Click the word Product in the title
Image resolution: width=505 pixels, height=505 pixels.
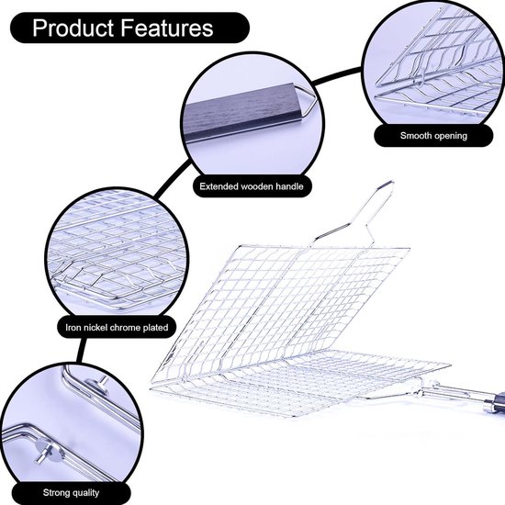click(73, 28)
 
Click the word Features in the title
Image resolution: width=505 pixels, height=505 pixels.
click(167, 28)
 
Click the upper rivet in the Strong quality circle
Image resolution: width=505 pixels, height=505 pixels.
click(98, 386)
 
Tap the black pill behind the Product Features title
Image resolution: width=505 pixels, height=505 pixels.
click(129, 28)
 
